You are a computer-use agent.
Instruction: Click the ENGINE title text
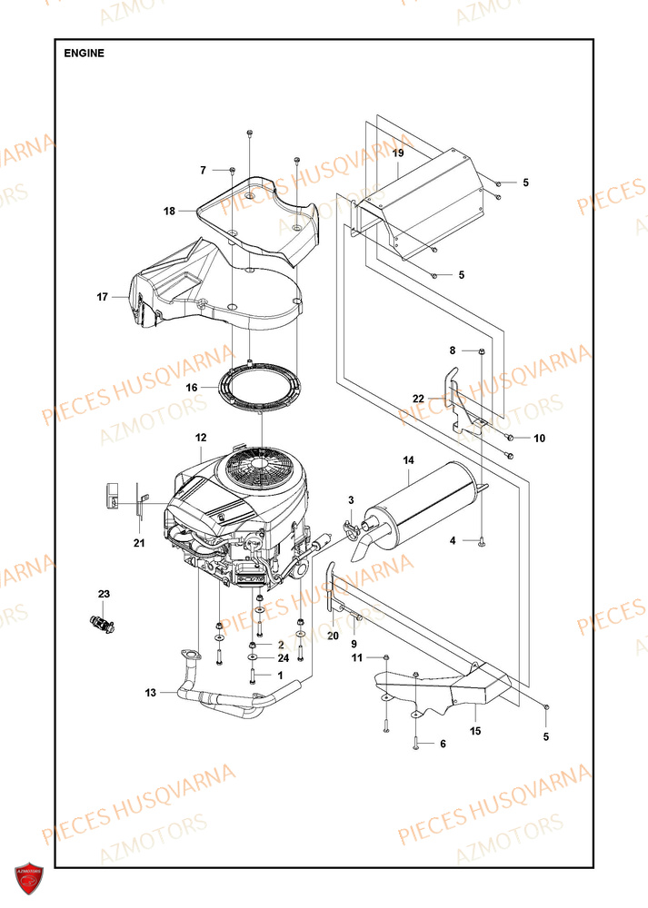(x=85, y=53)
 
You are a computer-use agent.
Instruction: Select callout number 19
(x=398, y=153)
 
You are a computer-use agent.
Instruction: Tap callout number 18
(x=169, y=212)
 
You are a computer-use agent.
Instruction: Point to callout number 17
(x=103, y=297)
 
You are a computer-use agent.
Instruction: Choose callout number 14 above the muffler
(x=408, y=463)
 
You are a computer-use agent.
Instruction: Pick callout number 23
(x=104, y=594)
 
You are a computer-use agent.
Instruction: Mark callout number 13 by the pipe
(x=150, y=693)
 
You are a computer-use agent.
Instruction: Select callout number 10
(x=539, y=439)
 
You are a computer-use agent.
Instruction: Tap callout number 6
(x=443, y=744)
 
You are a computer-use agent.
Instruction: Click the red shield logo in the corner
(x=28, y=879)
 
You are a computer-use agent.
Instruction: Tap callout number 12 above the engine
(x=201, y=438)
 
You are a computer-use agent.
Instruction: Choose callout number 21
(x=138, y=543)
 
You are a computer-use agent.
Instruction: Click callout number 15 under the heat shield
(x=474, y=730)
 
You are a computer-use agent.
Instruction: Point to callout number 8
(x=452, y=350)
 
